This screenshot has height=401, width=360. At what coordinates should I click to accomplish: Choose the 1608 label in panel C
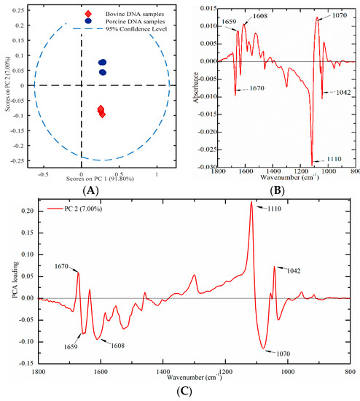[117, 346]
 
